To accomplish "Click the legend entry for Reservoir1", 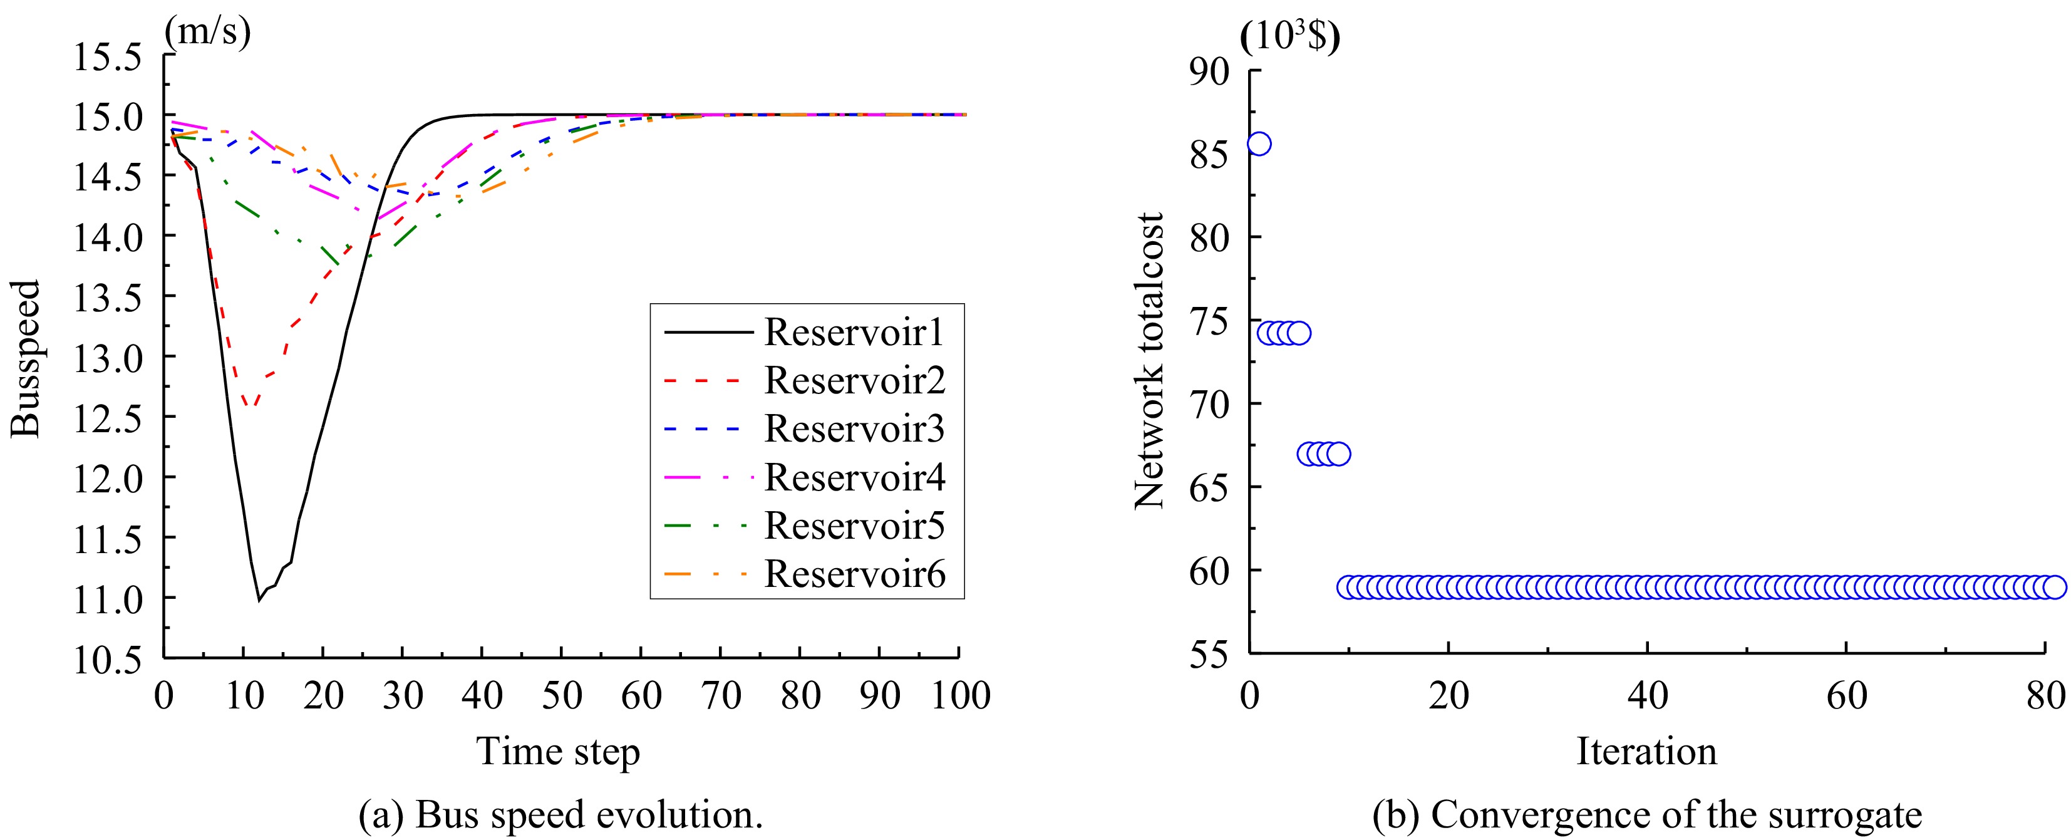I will click(x=854, y=332).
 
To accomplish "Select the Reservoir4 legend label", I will click(x=854, y=477).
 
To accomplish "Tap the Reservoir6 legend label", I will click(x=854, y=574).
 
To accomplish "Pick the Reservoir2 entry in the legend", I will click(x=854, y=380).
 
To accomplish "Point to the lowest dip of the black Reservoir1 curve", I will click(x=259, y=599).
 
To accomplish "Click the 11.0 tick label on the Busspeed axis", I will click(x=108, y=599).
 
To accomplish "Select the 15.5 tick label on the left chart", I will click(x=108, y=57).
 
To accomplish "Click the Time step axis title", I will click(x=558, y=752).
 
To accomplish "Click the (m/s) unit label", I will click(x=207, y=31).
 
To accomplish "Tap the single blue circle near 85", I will click(x=1259, y=144).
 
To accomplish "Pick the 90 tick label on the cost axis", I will click(x=1209, y=71).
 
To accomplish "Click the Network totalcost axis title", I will click(x=1149, y=361).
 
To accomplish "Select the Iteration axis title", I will click(x=1646, y=752).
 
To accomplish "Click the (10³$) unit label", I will click(x=1289, y=36).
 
